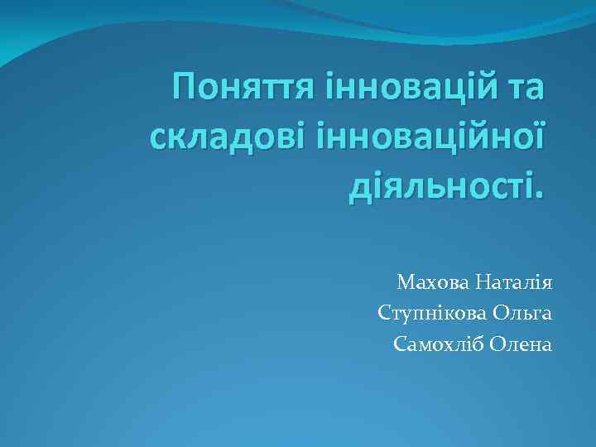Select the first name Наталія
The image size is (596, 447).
tap(515, 284)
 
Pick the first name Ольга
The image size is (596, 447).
tap(523, 314)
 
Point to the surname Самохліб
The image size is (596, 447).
tap(438, 344)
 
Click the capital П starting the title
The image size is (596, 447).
tap(185, 87)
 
